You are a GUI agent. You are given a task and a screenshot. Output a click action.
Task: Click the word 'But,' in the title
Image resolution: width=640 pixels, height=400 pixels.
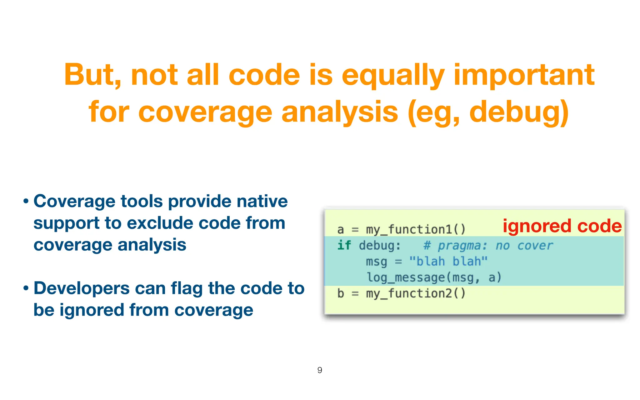[92, 75]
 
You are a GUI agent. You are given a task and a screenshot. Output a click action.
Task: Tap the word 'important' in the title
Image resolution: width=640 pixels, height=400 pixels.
[524, 75]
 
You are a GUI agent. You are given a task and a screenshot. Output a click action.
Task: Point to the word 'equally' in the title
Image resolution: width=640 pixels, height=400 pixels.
[393, 75]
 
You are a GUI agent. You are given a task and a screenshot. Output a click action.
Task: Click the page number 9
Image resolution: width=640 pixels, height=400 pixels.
[320, 370]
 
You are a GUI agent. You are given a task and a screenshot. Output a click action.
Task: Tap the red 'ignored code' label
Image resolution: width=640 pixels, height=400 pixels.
[562, 226]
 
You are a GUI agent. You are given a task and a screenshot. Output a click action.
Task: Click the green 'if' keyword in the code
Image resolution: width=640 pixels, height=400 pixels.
[344, 245]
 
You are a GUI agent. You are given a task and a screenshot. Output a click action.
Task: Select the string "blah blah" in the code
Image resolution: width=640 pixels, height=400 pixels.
[448, 261]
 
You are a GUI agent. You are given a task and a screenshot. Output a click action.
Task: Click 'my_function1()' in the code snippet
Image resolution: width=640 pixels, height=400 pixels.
[416, 230]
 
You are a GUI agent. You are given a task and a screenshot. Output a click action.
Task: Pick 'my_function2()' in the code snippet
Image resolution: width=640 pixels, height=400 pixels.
[416, 293]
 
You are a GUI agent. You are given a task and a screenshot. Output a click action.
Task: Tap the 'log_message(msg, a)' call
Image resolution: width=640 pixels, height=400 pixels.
[434, 277]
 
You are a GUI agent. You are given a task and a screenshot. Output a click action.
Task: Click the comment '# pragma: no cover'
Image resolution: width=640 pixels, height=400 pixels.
[488, 246]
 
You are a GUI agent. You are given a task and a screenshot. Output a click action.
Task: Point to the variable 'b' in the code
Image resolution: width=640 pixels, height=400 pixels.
[341, 293]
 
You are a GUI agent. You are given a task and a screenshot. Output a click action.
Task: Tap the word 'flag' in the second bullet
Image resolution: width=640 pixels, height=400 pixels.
[187, 288]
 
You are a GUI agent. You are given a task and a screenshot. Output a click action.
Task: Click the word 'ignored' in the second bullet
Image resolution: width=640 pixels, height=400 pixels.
[92, 310]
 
